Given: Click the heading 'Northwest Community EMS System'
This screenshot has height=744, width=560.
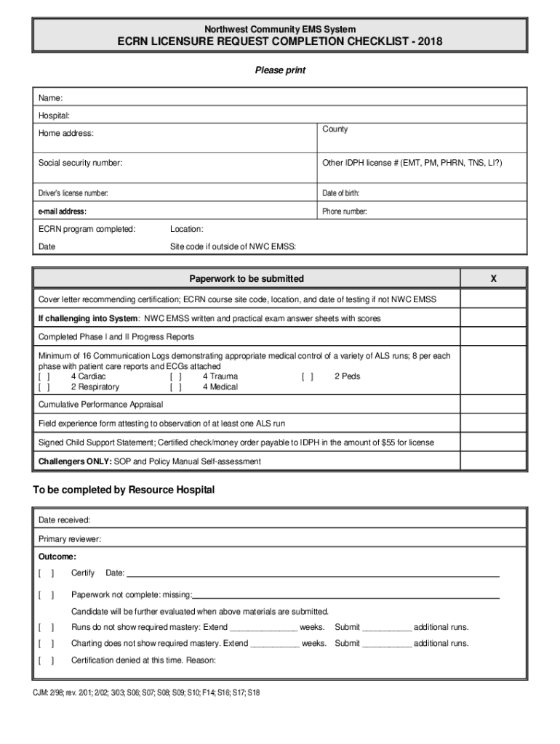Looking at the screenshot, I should click(x=279, y=29).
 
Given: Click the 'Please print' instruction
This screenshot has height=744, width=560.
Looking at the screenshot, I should click(x=279, y=70).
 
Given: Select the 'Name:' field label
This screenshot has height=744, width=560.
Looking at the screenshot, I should click(x=50, y=98).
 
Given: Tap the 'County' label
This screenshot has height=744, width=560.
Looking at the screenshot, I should click(x=335, y=129).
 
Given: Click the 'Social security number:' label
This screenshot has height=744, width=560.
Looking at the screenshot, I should click(x=80, y=163).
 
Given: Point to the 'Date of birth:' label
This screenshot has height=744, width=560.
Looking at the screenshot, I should click(x=341, y=193).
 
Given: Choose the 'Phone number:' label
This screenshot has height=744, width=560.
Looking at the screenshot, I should click(x=345, y=212).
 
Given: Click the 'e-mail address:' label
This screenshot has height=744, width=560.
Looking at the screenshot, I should click(x=63, y=212).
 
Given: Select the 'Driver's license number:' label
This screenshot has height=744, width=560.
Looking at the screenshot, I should click(x=73, y=193).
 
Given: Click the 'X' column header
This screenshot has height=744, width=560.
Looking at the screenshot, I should click(x=494, y=279).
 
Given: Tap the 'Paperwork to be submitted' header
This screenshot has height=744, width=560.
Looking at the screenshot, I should click(x=247, y=279).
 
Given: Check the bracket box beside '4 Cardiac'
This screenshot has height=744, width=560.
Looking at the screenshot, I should click(x=44, y=377).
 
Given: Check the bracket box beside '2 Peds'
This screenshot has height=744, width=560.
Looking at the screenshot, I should click(x=308, y=377).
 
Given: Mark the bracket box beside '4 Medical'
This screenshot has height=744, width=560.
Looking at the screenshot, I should click(x=176, y=387).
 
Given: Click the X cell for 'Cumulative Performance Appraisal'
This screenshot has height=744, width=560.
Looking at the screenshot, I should click(x=494, y=404).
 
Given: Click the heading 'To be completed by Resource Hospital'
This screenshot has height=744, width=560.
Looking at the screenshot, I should click(x=124, y=490).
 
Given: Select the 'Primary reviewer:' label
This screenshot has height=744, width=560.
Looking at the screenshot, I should click(x=70, y=539).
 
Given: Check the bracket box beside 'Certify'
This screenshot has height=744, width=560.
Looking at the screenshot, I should click(x=46, y=573).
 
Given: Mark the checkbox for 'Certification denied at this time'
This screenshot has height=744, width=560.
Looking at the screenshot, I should click(x=46, y=660).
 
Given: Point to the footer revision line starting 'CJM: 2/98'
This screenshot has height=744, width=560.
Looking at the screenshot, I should click(x=146, y=693).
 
